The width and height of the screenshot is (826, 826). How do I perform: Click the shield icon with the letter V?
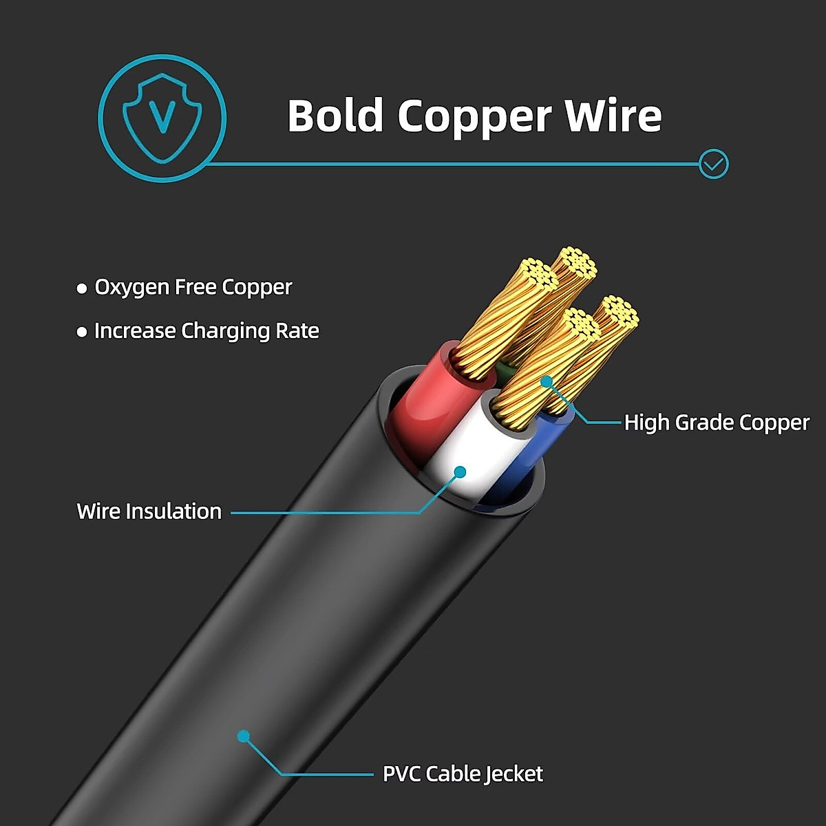[162, 118]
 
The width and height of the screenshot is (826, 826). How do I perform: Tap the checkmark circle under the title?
[713, 164]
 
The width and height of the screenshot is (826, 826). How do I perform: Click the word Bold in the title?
[335, 116]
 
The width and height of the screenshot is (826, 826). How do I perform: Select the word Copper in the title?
[474, 117]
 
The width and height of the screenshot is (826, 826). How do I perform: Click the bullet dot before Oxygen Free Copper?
[82, 288]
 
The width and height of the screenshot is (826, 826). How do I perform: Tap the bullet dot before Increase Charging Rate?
[82, 332]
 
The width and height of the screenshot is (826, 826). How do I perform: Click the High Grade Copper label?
[717, 422]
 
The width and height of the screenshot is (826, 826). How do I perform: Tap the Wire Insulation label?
[149, 511]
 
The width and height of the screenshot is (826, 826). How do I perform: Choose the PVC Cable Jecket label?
[463, 774]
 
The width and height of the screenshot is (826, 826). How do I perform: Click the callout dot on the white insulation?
[460, 472]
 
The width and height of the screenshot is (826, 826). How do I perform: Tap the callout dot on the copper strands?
[547, 381]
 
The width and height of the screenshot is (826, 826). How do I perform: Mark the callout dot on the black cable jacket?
[243, 736]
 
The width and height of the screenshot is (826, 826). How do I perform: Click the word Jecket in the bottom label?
[513, 774]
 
